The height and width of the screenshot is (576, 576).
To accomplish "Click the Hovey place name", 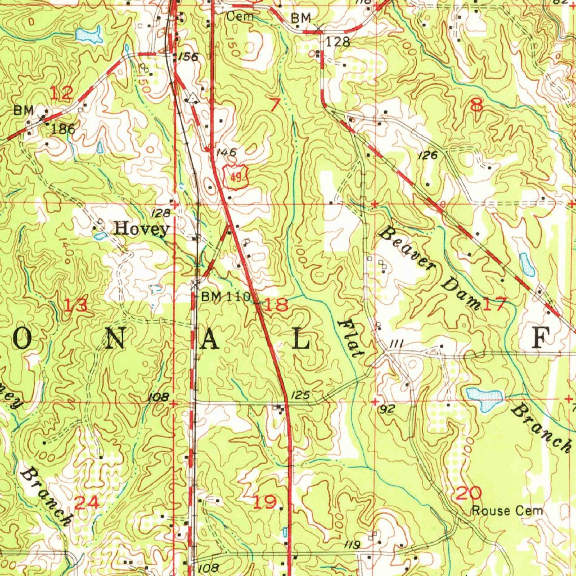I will pos(141,229).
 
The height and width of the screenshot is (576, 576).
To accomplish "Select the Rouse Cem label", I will pos(507,511).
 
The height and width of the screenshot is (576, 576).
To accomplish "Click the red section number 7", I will pos(275,104).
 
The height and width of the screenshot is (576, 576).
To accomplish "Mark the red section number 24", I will pos(87,502).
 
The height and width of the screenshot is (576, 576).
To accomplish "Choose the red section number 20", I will pos(469,494).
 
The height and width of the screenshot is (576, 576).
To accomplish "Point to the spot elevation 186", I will pos(63,129).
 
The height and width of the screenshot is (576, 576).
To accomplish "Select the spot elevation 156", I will pos(187,57).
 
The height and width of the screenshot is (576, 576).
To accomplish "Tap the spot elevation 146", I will pos(224,152).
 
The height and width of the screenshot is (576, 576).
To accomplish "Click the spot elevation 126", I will pos(427,156).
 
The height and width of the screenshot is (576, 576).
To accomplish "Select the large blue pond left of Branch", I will pos(484,399).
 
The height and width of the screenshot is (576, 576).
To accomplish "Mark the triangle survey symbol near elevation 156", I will pos(193,97).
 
